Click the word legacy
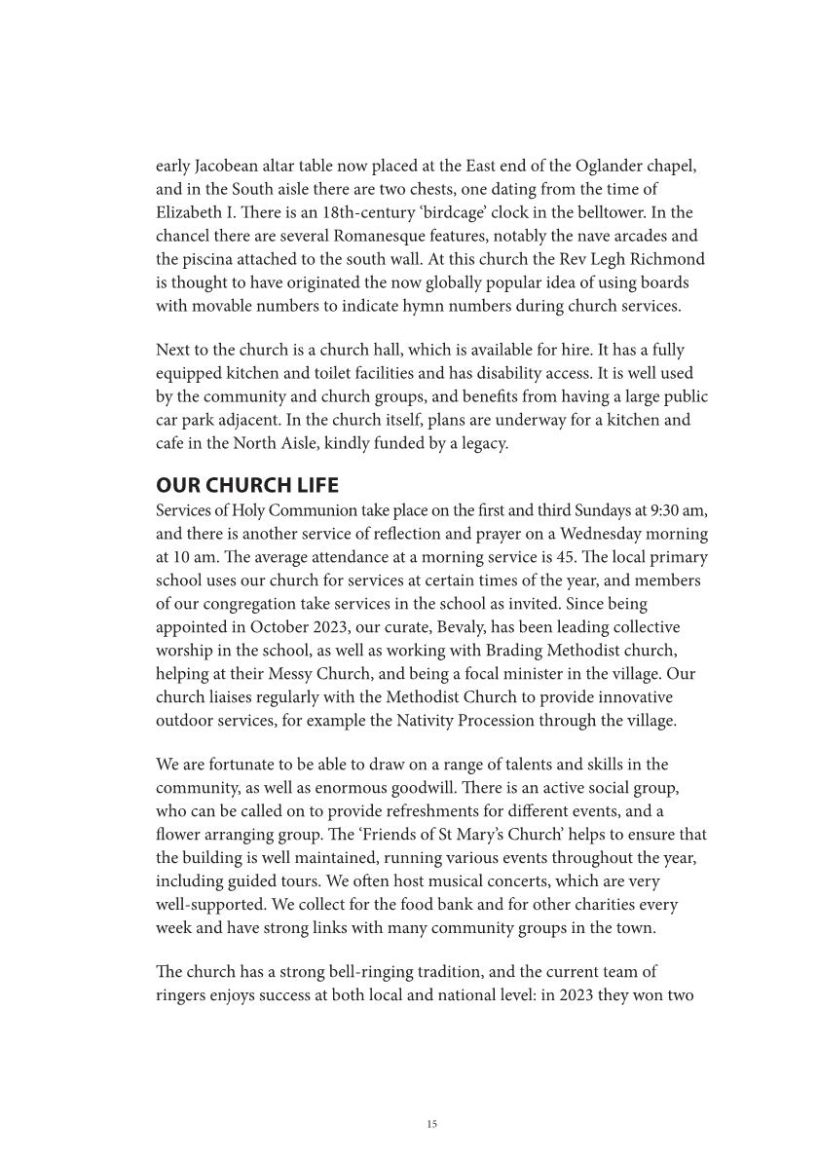(x=482, y=443)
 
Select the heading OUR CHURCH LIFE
(x=246, y=485)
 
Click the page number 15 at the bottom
(x=432, y=1124)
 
